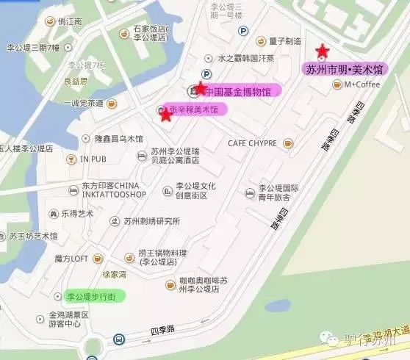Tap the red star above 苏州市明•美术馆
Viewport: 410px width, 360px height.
click(x=322, y=51)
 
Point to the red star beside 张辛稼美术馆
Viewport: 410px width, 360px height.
click(x=165, y=114)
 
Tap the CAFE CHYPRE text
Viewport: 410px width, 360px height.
click(x=252, y=142)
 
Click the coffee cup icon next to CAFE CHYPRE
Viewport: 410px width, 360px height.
click(x=288, y=142)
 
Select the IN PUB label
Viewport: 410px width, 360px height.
click(x=93, y=158)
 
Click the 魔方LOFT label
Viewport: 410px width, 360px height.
click(x=71, y=258)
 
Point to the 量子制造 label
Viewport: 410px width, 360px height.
click(x=285, y=41)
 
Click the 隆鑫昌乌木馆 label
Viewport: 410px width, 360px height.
click(x=119, y=138)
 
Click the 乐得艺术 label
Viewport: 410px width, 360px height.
click(x=76, y=214)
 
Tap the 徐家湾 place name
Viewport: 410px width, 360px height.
click(x=114, y=274)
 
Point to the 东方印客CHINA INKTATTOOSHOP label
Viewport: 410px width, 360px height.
click(x=99, y=189)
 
